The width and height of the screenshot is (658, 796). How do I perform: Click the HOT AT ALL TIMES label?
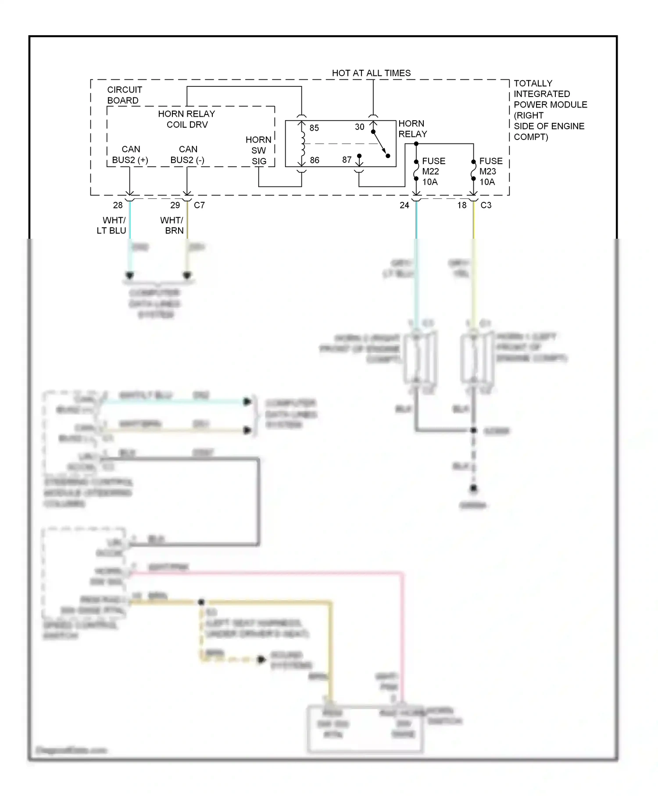point(371,73)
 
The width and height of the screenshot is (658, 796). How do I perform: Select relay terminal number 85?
point(314,128)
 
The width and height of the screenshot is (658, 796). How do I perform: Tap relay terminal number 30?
point(359,127)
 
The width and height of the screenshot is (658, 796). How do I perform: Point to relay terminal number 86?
point(315,160)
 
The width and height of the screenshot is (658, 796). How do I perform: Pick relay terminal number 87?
point(347,160)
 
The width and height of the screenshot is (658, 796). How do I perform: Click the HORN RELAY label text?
point(412,129)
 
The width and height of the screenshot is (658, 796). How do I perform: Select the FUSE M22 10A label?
point(433,172)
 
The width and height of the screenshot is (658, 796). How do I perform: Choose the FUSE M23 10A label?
point(490,172)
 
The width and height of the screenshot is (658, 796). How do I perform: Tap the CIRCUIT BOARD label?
point(124,95)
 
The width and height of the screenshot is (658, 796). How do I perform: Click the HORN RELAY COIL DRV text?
point(186,119)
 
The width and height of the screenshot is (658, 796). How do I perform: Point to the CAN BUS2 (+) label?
point(130,155)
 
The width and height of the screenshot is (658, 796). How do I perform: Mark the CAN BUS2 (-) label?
point(187,155)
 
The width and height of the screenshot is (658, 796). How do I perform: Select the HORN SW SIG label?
point(258,151)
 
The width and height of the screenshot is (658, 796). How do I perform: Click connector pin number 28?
point(118,205)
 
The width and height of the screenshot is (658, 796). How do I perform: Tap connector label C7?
point(199,205)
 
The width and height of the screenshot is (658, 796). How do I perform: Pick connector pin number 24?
point(404,205)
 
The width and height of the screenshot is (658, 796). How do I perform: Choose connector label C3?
point(486,205)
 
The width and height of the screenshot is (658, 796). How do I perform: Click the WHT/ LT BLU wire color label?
point(112,226)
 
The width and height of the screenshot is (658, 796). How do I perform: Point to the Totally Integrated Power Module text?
point(550,110)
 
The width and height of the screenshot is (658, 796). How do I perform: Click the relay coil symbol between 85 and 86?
point(302,144)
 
